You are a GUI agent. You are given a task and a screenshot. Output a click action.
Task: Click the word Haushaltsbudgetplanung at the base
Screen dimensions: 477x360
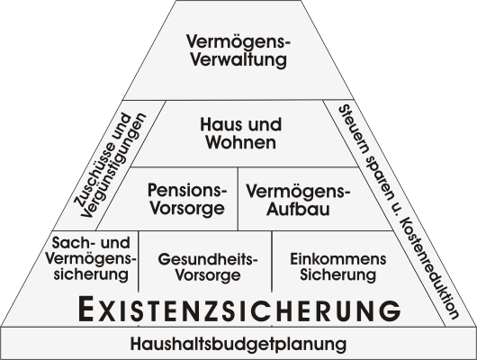coord(238,344)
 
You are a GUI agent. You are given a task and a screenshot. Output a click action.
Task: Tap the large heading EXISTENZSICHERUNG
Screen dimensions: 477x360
coord(239,310)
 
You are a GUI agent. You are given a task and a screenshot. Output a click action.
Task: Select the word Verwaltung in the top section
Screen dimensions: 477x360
coord(238,59)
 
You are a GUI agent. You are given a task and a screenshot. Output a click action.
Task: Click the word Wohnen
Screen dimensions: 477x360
coord(241,142)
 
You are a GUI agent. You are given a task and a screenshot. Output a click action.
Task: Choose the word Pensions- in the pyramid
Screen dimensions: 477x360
coord(187,190)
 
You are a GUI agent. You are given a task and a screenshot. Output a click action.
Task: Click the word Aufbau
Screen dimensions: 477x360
coord(298,210)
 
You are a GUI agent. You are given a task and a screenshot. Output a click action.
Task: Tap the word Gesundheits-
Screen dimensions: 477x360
coord(208,259)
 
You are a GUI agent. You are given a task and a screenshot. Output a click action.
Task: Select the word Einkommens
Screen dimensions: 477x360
coord(338,259)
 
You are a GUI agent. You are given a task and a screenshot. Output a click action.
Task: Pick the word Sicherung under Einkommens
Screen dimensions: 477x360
coord(338,274)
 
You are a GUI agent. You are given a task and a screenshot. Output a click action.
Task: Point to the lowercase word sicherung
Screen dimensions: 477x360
coord(91,274)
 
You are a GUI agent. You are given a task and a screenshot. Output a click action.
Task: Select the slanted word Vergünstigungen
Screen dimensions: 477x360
coord(113,166)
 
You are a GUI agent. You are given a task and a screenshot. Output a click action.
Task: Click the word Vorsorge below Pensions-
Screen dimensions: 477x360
coord(187,209)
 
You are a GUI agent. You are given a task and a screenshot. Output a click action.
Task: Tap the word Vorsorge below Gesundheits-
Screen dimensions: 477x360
coord(208,275)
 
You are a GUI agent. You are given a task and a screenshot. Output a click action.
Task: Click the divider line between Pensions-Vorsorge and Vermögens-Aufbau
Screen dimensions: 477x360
coord(238,199)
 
